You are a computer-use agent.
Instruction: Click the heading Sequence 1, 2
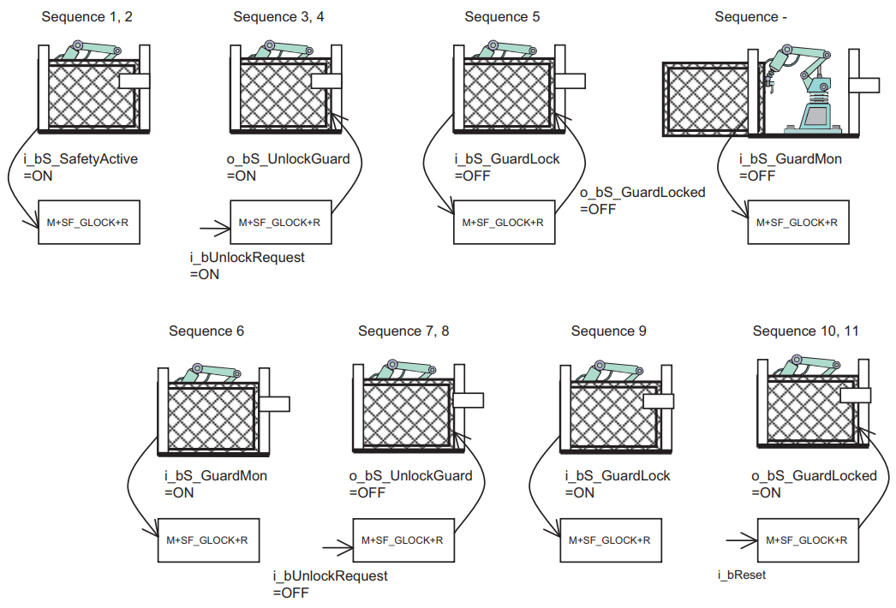click(87, 16)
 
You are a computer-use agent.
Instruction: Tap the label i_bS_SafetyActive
click(81, 159)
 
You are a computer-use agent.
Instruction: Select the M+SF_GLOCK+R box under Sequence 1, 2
click(88, 223)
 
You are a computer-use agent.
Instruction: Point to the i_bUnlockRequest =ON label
click(247, 265)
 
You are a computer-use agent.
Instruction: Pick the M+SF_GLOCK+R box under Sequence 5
click(503, 223)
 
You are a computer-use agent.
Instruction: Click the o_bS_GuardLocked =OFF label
click(642, 200)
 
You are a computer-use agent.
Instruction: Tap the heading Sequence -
click(751, 16)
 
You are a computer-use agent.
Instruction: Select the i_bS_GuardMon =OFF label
click(790, 168)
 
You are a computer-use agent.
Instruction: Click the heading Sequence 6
click(206, 331)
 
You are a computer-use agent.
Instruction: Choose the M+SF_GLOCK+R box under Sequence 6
click(207, 539)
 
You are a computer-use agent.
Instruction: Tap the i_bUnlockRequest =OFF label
click(330, 584)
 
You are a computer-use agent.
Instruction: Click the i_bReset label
click(742, 575)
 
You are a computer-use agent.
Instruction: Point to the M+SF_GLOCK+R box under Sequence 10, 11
click(807, 539)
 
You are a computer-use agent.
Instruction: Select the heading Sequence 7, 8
click(403, 331)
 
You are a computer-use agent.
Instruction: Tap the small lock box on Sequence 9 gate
click(659, 402)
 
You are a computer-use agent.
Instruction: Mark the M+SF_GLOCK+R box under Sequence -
click(797, 222)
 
